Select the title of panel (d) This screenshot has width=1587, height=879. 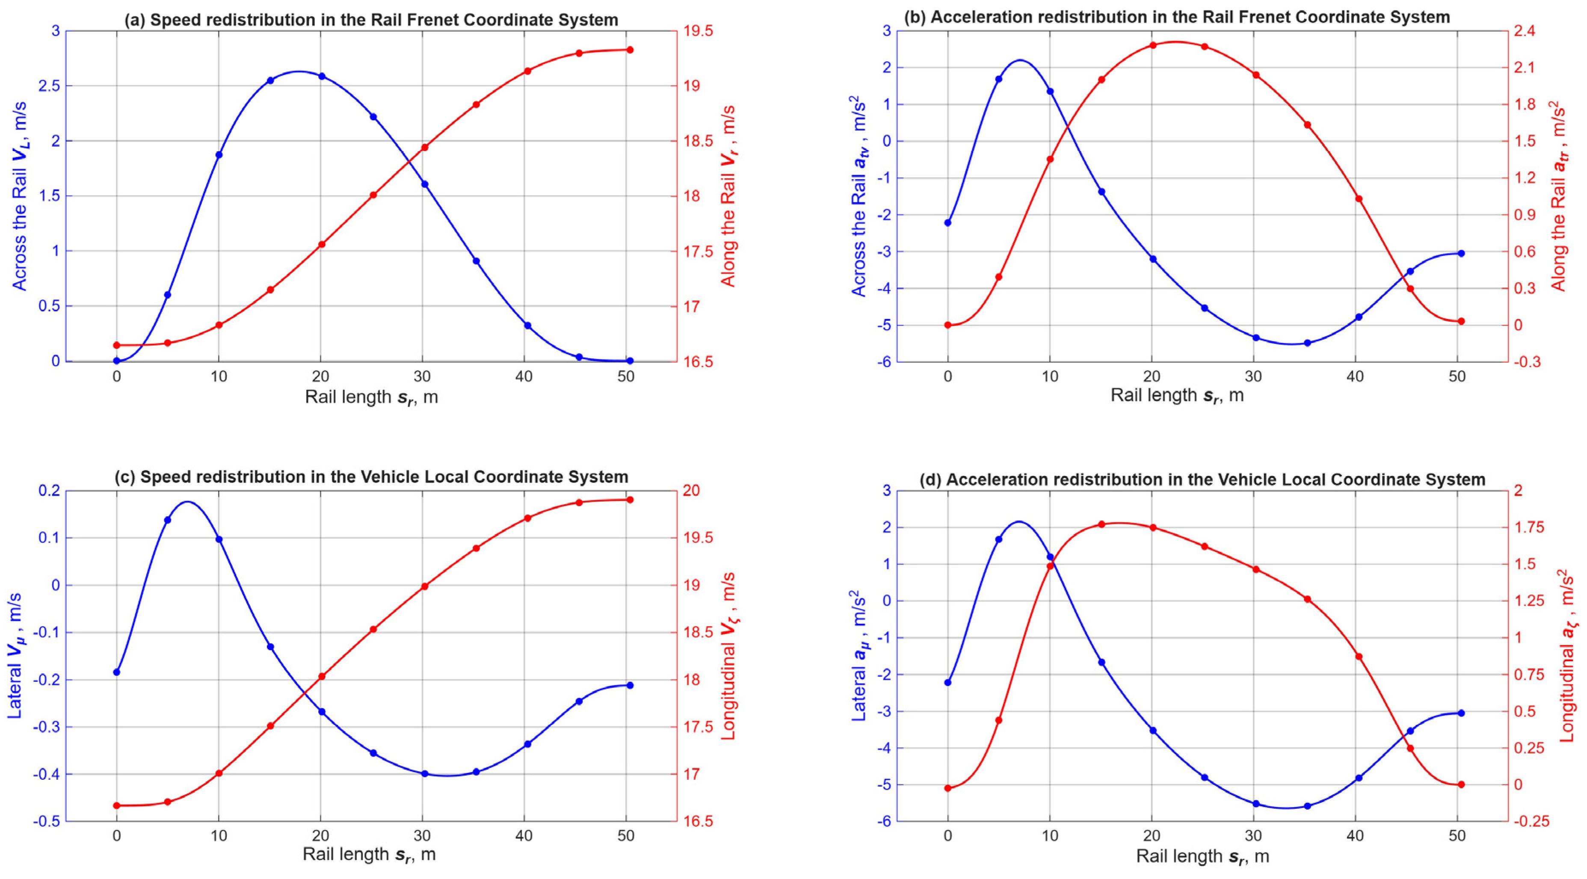tap(1202, 479)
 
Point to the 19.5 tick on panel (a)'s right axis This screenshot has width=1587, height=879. tap(699, 31)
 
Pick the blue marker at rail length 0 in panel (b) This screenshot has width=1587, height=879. tap(947, 222)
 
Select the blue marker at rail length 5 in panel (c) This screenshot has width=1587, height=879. tap(168, 520)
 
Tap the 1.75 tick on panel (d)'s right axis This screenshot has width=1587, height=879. tap(1534, 527)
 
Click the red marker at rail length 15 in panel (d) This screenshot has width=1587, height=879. tap(1101, 524)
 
